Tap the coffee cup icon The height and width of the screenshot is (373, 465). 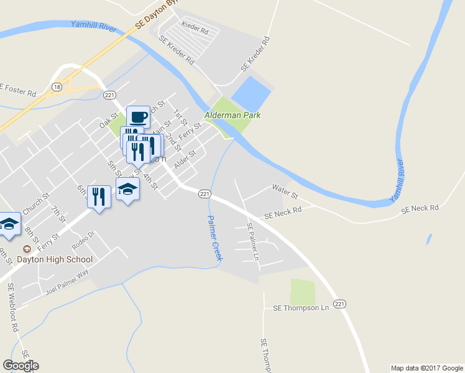coord(138,117)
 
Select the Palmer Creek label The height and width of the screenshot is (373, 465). coord(214,237)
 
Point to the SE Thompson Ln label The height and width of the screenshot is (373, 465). coord(300,308)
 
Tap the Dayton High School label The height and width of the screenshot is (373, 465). coord(55,259)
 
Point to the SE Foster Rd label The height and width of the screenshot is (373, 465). coord(18,90)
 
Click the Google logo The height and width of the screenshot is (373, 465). coord(21,366)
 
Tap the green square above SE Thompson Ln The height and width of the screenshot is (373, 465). coord(303,292)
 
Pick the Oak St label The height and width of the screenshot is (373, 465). coord(109,120)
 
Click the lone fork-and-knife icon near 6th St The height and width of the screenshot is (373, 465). coord(99,197)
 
